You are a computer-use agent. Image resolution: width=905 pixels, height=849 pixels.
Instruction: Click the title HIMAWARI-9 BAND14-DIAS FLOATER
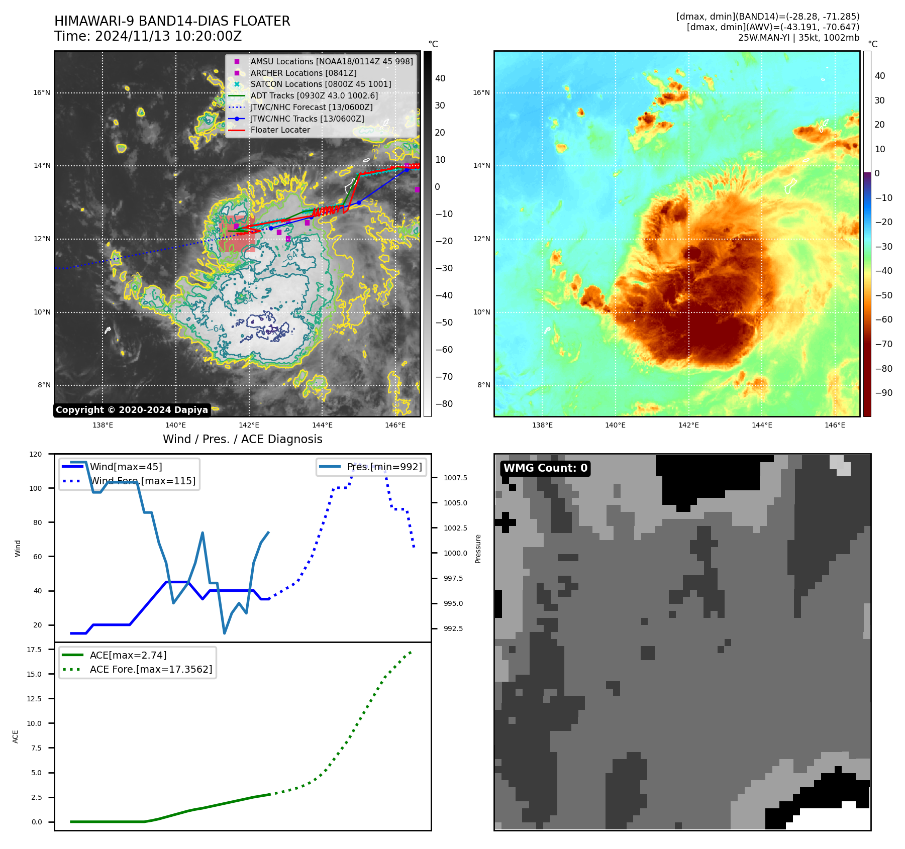172,21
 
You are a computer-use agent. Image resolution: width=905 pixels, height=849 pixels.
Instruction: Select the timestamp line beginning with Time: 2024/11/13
148,36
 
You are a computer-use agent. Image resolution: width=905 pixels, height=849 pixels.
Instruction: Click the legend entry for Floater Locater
280,130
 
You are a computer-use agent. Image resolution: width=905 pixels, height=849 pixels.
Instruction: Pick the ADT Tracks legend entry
314,95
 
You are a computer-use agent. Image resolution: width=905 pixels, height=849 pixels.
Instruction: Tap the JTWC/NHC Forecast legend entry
312,107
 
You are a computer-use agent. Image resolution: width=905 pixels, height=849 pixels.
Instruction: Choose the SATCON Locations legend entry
321,84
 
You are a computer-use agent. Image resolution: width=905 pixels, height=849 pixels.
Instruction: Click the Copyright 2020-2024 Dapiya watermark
132,410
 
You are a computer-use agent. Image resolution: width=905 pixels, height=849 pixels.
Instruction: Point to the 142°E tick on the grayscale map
249,425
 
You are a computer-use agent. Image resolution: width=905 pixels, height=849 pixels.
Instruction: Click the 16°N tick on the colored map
481,92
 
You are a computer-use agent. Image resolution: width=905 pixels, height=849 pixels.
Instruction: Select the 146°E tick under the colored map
835,425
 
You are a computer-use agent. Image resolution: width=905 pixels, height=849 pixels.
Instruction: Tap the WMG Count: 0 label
545,468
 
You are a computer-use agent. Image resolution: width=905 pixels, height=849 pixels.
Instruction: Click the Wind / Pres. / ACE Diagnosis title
242,439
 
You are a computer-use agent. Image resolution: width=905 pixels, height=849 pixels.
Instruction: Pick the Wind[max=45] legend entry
126,467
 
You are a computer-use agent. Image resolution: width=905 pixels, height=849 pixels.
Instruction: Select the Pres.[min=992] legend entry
384,467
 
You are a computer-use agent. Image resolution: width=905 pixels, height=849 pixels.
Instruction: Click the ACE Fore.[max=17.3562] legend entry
151,669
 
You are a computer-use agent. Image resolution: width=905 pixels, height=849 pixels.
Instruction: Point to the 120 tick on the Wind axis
36,454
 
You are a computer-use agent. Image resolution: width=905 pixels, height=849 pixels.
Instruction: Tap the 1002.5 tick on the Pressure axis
455,528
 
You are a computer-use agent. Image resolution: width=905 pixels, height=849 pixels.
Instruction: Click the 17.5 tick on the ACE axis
34,650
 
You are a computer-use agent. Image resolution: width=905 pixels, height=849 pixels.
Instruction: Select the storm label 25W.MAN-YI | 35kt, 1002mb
798,38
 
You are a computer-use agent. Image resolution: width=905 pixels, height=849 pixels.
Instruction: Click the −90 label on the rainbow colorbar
884,393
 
